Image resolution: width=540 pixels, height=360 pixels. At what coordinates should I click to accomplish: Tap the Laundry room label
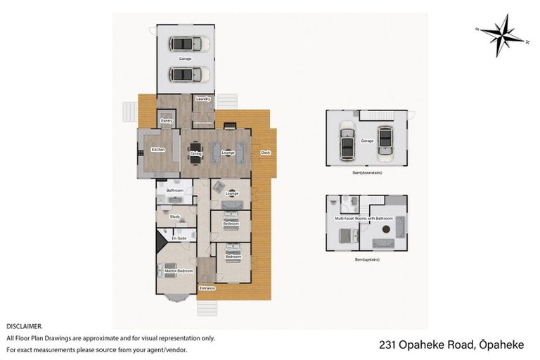203,99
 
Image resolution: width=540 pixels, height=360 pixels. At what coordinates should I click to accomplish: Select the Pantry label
167,121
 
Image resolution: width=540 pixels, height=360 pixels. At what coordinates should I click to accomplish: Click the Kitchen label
158,149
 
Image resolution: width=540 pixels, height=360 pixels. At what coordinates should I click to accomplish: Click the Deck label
265,153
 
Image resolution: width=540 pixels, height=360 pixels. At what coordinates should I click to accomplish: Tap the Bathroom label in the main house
174,191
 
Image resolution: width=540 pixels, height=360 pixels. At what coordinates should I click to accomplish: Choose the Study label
174,217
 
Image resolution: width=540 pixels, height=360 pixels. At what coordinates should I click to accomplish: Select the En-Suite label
179,238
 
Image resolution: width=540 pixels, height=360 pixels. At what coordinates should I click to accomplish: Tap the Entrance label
207,288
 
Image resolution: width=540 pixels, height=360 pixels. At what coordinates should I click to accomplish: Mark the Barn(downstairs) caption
366,172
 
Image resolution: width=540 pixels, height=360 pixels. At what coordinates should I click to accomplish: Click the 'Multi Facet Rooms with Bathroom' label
363,219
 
